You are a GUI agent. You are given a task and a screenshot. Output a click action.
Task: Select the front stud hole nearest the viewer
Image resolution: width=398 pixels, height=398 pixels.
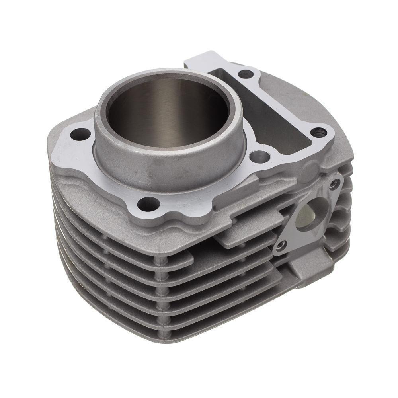pos(148,204)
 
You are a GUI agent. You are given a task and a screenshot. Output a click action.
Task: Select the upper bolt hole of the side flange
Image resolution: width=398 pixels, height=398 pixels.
pos(334,184)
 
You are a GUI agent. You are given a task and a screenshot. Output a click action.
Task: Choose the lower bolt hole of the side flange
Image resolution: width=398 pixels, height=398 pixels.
pos(281,246)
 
